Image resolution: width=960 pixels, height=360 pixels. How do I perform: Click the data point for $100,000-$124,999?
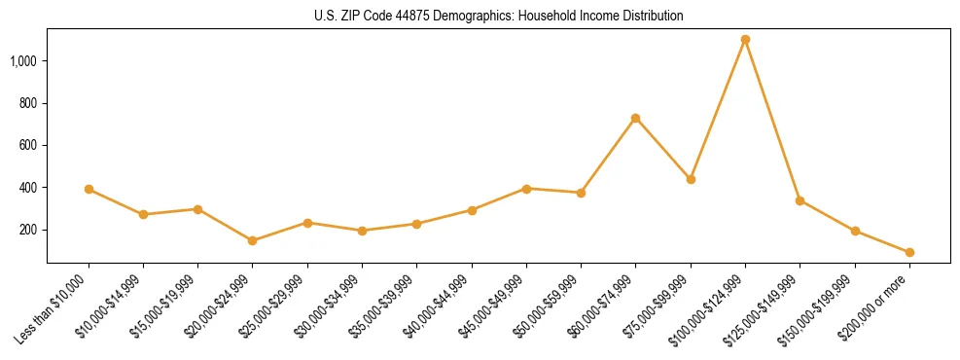point(745,39)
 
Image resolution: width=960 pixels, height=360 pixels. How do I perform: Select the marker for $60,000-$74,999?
point(635,118)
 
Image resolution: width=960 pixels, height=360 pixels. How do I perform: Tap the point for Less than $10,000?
point(89,189)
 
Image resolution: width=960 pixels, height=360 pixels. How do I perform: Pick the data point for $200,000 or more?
point(909,252)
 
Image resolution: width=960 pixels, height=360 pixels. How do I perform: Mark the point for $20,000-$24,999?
point(253,240)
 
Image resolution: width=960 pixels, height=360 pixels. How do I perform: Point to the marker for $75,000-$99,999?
point(691,179)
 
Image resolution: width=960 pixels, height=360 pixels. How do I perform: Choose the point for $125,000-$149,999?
point(800,200)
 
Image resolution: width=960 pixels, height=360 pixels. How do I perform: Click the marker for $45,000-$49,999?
point(526,189)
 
